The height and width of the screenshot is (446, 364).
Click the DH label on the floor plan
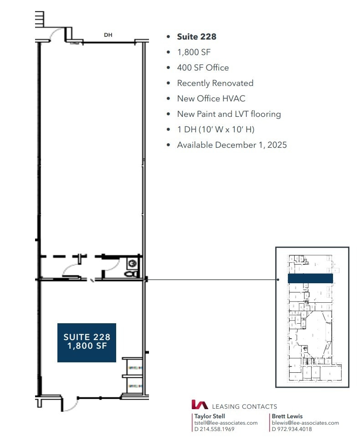tap(108, 35)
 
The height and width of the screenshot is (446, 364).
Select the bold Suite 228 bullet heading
tap(196, 37)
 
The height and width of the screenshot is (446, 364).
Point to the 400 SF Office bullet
tap(203, 68)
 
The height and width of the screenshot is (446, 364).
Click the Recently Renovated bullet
tap(215, 83)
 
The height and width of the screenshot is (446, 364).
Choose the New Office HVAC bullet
tap(211, 99)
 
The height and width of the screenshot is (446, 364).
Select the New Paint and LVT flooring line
tap(229, 114)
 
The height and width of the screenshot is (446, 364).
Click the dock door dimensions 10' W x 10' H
tap(215, 130)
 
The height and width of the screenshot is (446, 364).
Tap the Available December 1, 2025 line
tap(232, 145)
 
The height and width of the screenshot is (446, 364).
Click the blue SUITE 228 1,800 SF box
tap(87, 342)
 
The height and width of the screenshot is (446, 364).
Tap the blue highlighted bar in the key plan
tap(310, 278)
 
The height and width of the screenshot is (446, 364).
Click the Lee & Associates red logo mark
tap(200, 405)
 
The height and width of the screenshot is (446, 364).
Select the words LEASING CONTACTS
tap(244, 406)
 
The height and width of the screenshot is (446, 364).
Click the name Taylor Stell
tap(210, 416)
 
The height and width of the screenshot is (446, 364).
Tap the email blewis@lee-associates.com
tap(305, 423)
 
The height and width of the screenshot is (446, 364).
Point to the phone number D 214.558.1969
tap(214, 429)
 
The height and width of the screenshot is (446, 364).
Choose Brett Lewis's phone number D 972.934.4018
tap(292, 429)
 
